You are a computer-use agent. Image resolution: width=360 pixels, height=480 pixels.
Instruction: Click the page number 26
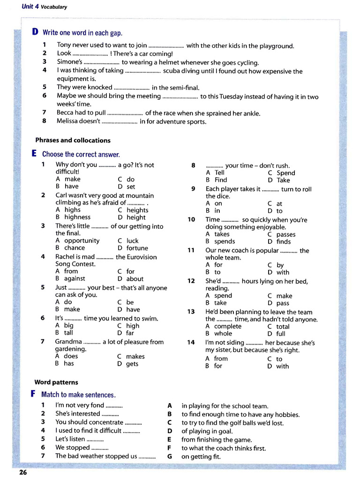tap(22, 472)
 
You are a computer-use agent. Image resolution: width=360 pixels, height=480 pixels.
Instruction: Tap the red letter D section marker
tap(35, 32)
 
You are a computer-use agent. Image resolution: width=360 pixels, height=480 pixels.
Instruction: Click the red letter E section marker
tap(35, 154)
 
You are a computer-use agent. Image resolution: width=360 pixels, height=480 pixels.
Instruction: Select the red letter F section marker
tap(34, 394)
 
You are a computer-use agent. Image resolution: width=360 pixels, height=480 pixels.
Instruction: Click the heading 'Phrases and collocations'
tap(73, 140)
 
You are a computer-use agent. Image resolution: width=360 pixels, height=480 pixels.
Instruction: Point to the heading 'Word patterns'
tap(56, 382)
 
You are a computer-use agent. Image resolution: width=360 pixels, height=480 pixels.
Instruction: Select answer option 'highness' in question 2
tap(77, 217)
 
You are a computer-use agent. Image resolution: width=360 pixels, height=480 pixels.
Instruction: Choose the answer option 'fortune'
tap(137, 248)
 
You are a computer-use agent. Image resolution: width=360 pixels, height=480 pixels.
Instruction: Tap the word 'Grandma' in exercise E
tap(68, 342)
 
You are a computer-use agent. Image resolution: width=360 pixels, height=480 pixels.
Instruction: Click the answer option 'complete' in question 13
tap(228, 326)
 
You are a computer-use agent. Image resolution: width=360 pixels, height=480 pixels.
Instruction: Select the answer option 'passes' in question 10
tap(286, 234)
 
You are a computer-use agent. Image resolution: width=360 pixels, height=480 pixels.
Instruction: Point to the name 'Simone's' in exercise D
tap(69, 62)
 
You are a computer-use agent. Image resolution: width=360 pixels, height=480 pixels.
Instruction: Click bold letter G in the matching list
tap(170, 456)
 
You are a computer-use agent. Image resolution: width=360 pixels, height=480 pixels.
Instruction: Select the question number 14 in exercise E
tap(191, 343)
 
